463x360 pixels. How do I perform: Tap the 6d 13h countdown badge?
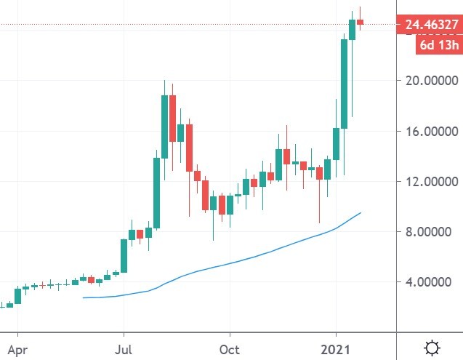coord(438,46)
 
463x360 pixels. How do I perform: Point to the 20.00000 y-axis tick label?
coord(432,81)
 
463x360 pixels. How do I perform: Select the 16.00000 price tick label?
coord(432,132)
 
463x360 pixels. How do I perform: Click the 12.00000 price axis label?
coord(432,181)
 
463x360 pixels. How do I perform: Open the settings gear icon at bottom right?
coord(432,348)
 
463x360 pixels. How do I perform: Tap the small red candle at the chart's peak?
coord(360,22)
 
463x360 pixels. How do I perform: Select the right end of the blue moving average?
coord(361,212)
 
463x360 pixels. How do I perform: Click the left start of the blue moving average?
coord(84,297)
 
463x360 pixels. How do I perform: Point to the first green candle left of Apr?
coord(10,305)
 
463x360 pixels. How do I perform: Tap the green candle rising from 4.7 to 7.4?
coord(124,255)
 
